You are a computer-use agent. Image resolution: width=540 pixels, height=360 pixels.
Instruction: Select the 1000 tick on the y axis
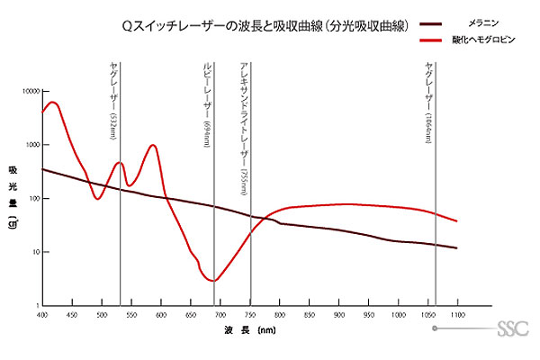click(x=31, y=145)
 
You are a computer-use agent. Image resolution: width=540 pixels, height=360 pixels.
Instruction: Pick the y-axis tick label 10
click(x=34, y=252)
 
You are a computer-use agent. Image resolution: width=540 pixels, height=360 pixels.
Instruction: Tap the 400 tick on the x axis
click(x=42, y=315)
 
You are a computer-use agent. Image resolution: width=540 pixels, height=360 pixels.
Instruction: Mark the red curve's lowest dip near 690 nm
click(x=213, y=281)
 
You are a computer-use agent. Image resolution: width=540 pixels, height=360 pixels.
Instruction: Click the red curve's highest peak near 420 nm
click(x=54, y=103)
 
